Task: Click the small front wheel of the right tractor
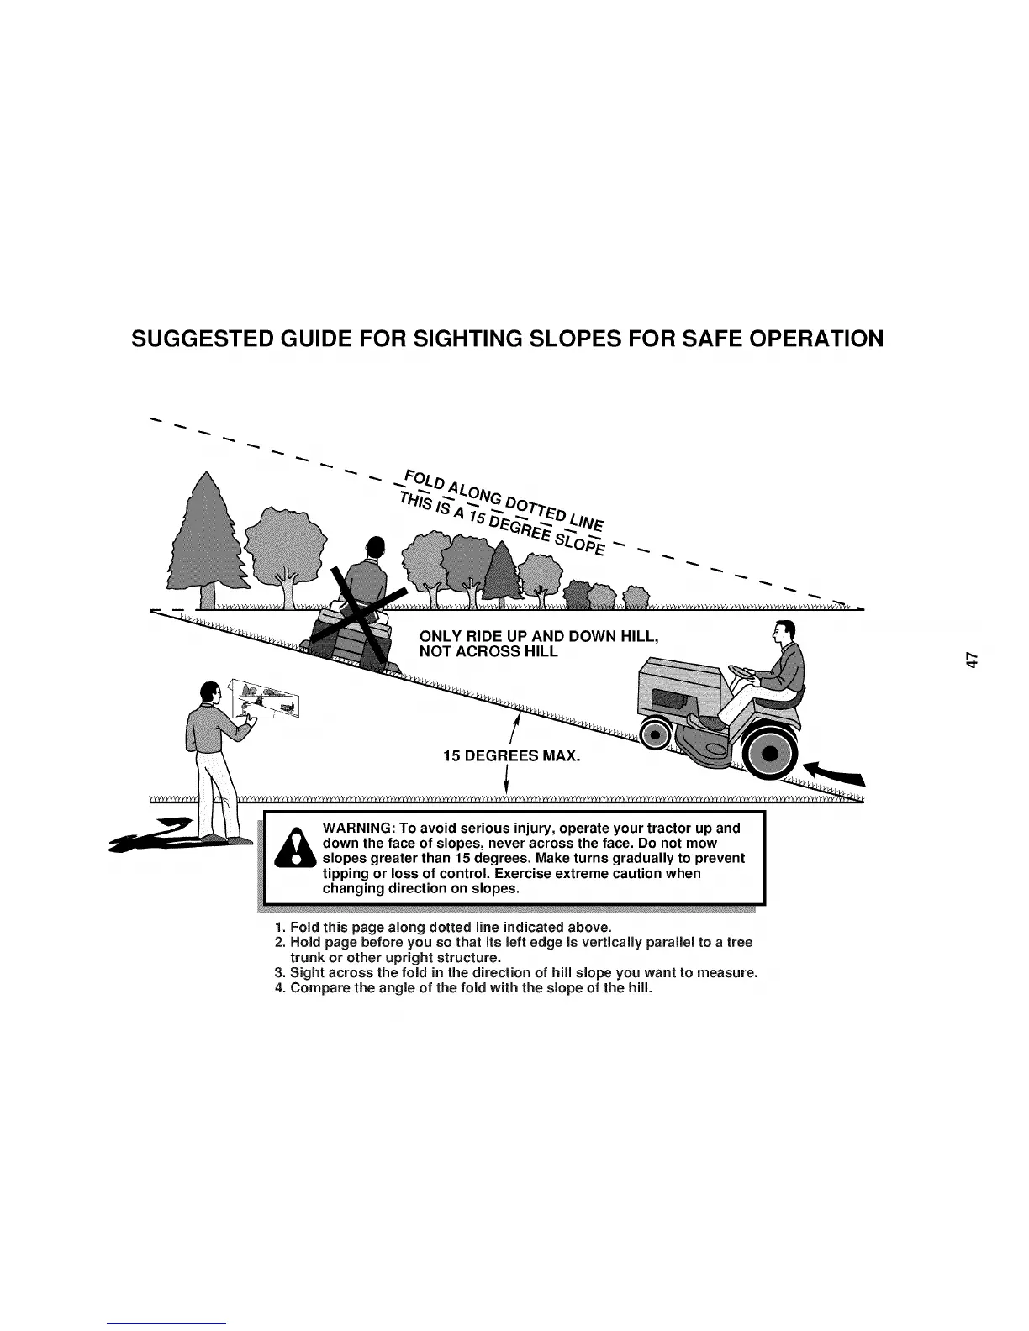coord(653,735)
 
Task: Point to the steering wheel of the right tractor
coord(741,671)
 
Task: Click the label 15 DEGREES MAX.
coord(511,756)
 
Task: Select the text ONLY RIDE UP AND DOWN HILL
coord(537,636)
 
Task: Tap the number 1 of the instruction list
coord(279,928)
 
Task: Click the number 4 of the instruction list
coord(279,988)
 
